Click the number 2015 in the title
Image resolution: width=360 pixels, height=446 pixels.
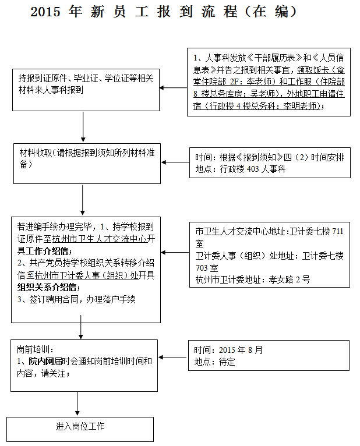[45, 12]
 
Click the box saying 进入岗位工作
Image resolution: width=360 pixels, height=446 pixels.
[80, 429]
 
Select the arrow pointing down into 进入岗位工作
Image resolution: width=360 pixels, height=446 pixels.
[77, 403]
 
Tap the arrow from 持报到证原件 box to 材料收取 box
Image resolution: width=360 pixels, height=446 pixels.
[83, 126]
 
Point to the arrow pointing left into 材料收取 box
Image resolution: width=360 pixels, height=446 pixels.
[175, 162]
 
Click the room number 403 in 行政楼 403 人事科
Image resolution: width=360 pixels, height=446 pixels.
[253, 169]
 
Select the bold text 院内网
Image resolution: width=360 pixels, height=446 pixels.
[41, 361]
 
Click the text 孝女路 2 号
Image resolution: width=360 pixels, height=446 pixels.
[289, 279]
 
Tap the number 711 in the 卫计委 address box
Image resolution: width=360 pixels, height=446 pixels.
[337, 231]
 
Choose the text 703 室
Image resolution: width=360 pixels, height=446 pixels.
[207, 268]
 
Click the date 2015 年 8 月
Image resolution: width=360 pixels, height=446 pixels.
[241, 350]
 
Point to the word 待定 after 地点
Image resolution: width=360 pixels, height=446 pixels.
[227, 362]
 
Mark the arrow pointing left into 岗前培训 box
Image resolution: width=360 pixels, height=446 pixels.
[173, 357]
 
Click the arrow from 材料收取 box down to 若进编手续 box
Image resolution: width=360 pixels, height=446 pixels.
[83, 200]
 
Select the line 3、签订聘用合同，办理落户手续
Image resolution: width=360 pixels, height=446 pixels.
[76, 299]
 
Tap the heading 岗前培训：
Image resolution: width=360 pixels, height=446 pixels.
[36, 349]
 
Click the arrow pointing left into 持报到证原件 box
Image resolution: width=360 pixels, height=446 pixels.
[174, 88]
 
